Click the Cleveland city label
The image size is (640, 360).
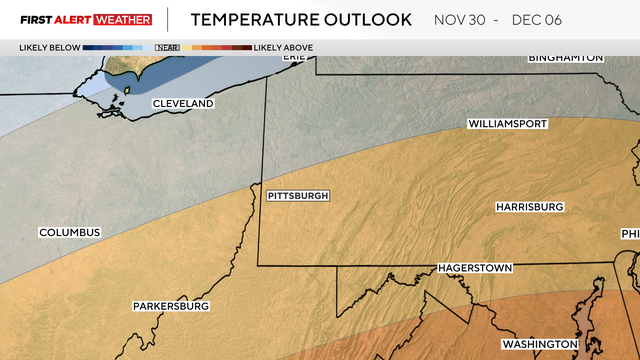(x=183, y=104)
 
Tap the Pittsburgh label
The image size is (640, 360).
(x=298, y=196)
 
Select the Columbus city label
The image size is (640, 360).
(x=70, y=233)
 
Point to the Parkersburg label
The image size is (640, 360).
(x=171, y=306)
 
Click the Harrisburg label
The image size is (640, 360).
(x=530, y=207)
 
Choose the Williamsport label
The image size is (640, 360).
(x=507, y=125)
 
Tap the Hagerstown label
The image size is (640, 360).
(x=475, y=269)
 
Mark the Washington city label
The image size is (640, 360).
(x=540, y=344)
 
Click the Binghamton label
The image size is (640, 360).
(x=566, y=58)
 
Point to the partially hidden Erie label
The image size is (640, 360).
(x=293, y=57)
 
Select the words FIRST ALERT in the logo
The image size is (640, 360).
(x=49, y=20)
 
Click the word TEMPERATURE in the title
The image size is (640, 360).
(x=259, y=20)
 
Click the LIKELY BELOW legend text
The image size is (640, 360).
(x=49, y=47)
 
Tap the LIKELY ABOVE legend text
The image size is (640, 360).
(x=283, y=47)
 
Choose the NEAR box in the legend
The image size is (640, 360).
(x=160, y=47)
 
